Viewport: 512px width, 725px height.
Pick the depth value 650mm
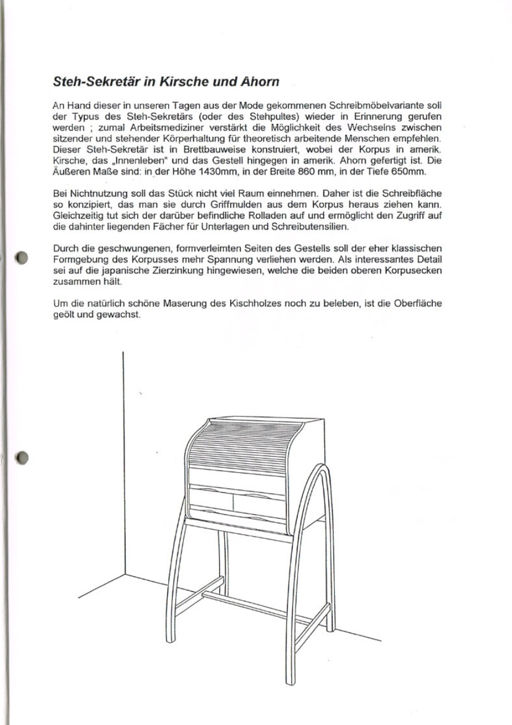[404, 173]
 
